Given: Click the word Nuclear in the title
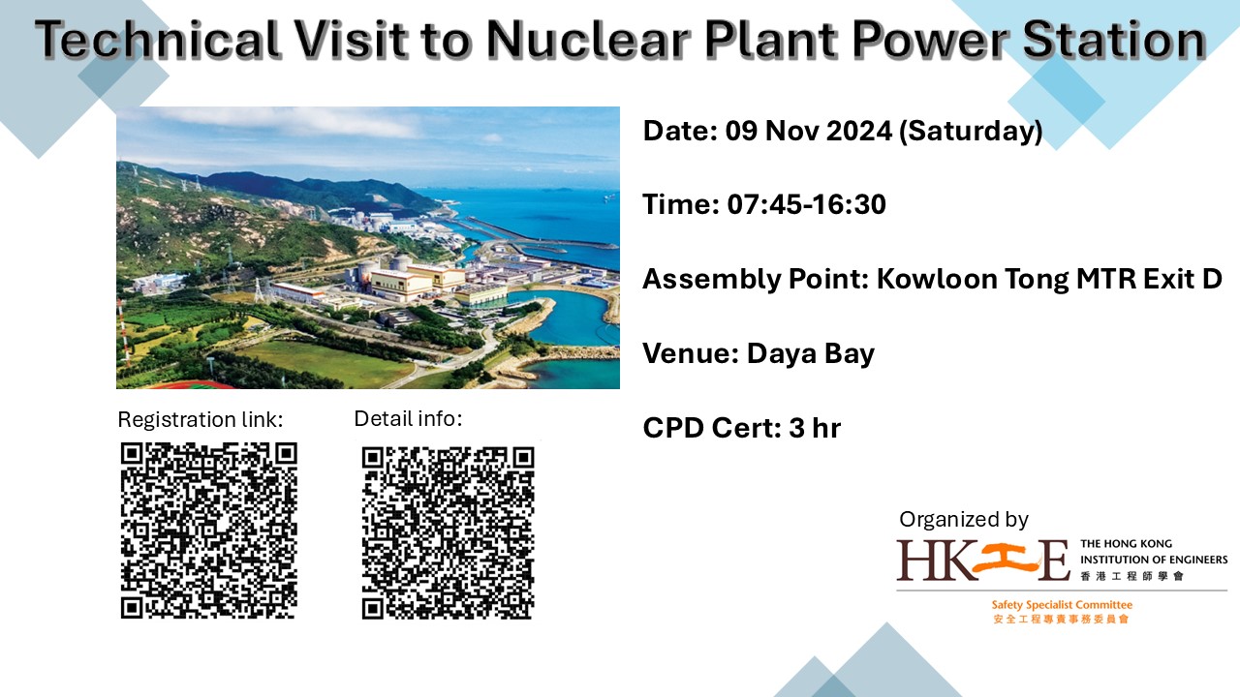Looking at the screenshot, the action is point(588,40).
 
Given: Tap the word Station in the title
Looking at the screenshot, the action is point(1114,40).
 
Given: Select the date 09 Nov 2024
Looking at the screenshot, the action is point(809,131).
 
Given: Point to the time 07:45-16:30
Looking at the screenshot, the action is point(807,204).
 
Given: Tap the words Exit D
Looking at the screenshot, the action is point(1183,279).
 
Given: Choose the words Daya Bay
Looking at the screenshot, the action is point(811,354).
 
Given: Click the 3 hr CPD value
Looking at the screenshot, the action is point(815,428).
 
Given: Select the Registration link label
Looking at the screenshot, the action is point(201,420).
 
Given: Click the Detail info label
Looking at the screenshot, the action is point(408,419).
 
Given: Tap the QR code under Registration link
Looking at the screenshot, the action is point(209,530).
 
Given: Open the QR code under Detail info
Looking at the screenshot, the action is point(448,533).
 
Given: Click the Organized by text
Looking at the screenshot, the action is point(963,520).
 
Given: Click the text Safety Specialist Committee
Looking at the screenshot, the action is point(1062,605).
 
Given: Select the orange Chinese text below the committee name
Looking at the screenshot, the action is point(1061,619).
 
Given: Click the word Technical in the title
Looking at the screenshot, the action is point(158,40).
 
